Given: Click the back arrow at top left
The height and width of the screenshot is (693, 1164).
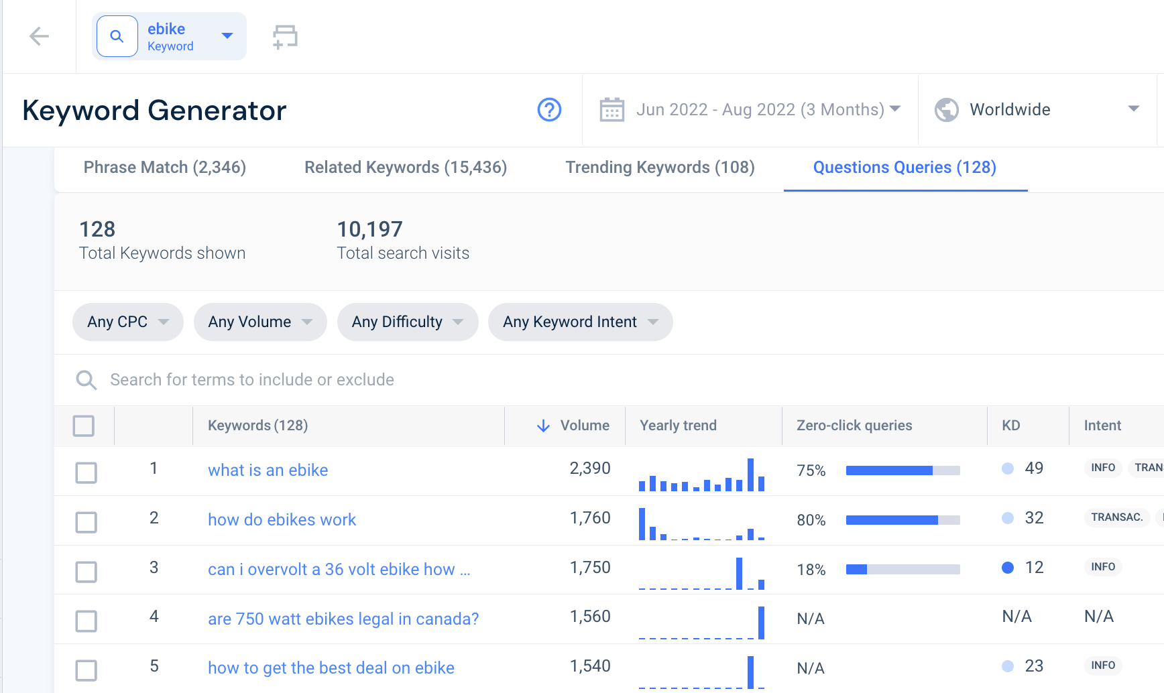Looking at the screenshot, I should tap(40, 36).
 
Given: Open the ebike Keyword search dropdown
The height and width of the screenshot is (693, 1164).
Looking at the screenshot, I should tap(227, 36).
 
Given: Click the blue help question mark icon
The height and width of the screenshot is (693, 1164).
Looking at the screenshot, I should tap(549, 110).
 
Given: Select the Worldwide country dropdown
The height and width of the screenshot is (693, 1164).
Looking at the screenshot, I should tap(1037, 110).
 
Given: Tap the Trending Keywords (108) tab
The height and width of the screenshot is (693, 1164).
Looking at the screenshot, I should tap(660, 168).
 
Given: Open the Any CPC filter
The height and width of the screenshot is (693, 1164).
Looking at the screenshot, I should tap(127, 322).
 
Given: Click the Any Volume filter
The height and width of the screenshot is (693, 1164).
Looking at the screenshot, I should tap(259, 322).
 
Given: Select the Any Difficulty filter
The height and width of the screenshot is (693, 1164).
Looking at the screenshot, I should tap(407, 322).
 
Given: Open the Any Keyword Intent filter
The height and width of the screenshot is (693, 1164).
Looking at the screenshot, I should tap(580, 322).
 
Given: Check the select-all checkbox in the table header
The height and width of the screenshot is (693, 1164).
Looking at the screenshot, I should tap(84, 426).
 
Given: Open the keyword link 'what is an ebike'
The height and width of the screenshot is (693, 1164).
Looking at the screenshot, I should tap(268, 470).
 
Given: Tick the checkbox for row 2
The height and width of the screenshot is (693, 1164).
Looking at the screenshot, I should tap(86, 522).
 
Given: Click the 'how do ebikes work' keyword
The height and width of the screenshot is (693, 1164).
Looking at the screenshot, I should tap(282, 520).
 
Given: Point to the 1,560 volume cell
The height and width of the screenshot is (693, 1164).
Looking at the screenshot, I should tap(590, 617).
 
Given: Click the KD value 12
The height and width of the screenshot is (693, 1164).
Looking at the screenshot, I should tap(1034, 568).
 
